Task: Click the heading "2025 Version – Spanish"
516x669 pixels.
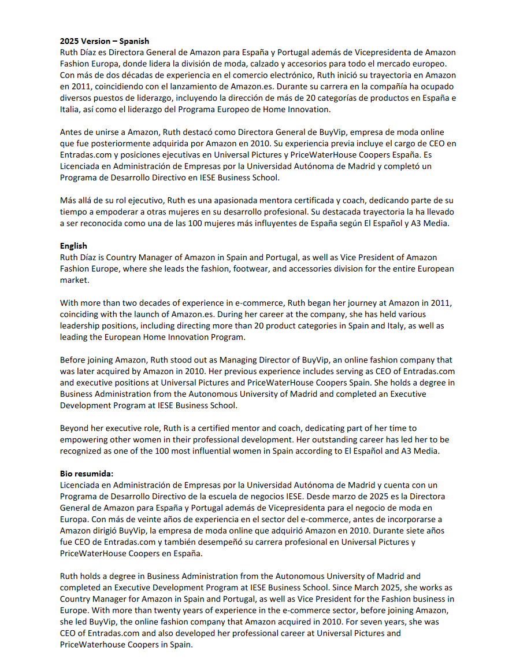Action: (105, 41)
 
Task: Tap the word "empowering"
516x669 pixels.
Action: (88, 439)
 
